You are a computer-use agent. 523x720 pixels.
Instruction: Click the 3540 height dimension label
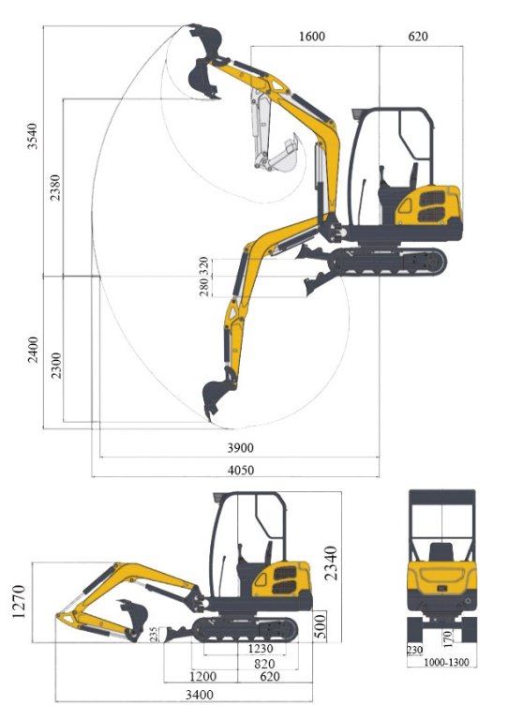point(33,136)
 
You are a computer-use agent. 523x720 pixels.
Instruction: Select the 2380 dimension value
point(55,187)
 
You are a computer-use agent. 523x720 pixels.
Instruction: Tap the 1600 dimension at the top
point(312,37)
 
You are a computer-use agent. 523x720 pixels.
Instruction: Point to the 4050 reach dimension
point(241,471)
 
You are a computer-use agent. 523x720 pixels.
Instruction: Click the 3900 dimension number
point(241,448)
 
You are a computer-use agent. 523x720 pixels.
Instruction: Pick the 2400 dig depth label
point(33,350)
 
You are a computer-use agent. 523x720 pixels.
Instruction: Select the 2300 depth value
point(55,366)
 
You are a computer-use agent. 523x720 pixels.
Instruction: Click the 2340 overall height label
point(331,563)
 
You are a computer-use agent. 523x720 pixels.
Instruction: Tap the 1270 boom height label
point(19,602)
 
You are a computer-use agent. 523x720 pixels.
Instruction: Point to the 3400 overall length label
point(200,695)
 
